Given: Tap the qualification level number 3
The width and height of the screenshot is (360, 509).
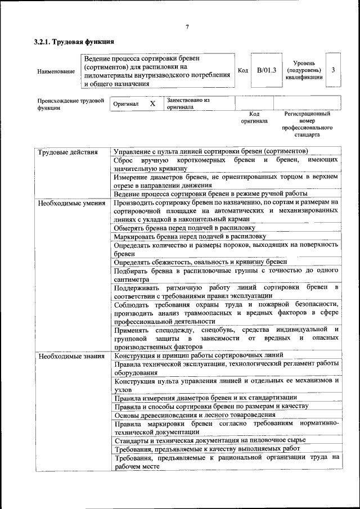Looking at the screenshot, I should click(x=333, y=70).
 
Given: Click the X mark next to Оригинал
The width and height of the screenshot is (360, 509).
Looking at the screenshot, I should click(x=152, y=104).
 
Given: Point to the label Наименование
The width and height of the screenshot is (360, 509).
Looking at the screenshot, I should click(x=56, y=71).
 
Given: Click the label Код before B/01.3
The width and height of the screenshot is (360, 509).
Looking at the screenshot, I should click(x=242, y=71).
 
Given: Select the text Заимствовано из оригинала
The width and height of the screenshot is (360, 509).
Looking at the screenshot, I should click(x=188, y=103).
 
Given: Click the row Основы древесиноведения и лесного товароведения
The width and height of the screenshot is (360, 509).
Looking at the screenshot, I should click(x=195, y=415).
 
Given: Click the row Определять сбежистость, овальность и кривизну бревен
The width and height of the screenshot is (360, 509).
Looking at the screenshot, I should click(x=200, y=262).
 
